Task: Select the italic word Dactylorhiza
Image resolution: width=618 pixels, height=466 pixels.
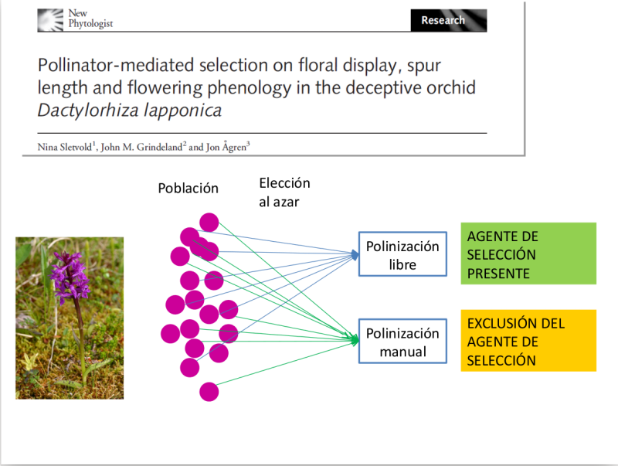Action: point(86,110)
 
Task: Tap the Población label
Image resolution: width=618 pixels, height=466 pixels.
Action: point(188,189)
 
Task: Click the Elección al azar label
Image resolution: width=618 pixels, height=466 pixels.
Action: point(284,191)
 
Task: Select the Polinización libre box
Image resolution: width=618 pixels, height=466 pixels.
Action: point(402,255)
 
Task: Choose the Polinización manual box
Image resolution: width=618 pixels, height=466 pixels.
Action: point(402,342)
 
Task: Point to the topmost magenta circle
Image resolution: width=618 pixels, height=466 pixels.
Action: point(209,222)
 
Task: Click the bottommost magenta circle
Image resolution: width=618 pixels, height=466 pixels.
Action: point(209,392)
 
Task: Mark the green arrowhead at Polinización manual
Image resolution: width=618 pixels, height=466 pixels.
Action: point(355,339)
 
